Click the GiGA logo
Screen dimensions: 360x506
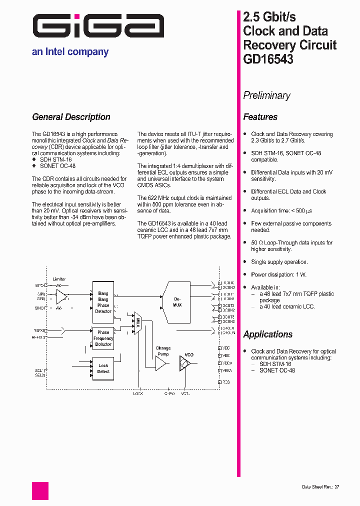click(x=98, y=26)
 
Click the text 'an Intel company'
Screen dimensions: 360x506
click(x=70, y=51)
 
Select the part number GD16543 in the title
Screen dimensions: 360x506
click(x=268, y=59)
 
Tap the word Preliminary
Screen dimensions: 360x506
click(x=266, y=95)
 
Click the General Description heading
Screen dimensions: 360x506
click(x=71, y=117)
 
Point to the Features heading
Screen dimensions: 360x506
click(x=260, y=117)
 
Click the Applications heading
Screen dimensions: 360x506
click(x=267, y=334)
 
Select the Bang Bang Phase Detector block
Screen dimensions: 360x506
click(x=103, y=302)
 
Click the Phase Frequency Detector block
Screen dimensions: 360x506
click(x=103, y=338)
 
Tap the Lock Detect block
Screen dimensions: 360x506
click(x=103, y=368)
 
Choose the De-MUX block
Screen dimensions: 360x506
click(x=177, y=301)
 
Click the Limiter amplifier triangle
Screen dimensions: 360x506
click(x=61, y=296)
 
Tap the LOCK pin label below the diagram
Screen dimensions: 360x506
click(x=138, y=393)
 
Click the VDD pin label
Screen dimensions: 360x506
click(x=226, y=347)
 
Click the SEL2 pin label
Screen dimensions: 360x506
click(x=39, y=375)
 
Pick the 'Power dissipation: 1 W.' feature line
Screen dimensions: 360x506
click(x=278, y=274)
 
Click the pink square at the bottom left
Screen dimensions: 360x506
click(x=40, y=490)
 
